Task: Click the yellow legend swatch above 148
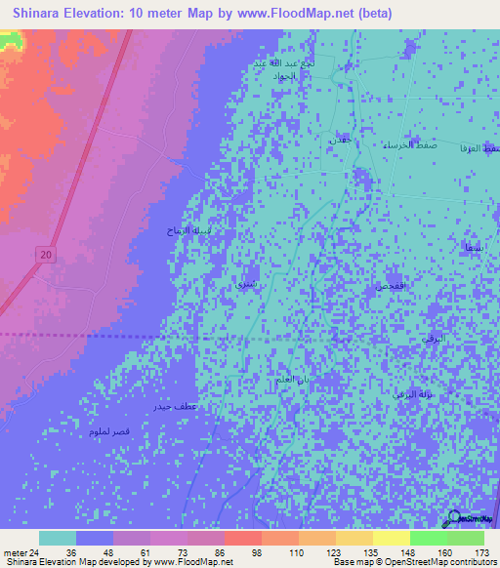click(x=392, y=538)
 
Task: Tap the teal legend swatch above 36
click(x=58, y=538)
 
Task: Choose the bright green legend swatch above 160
click(x=429, y=538)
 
